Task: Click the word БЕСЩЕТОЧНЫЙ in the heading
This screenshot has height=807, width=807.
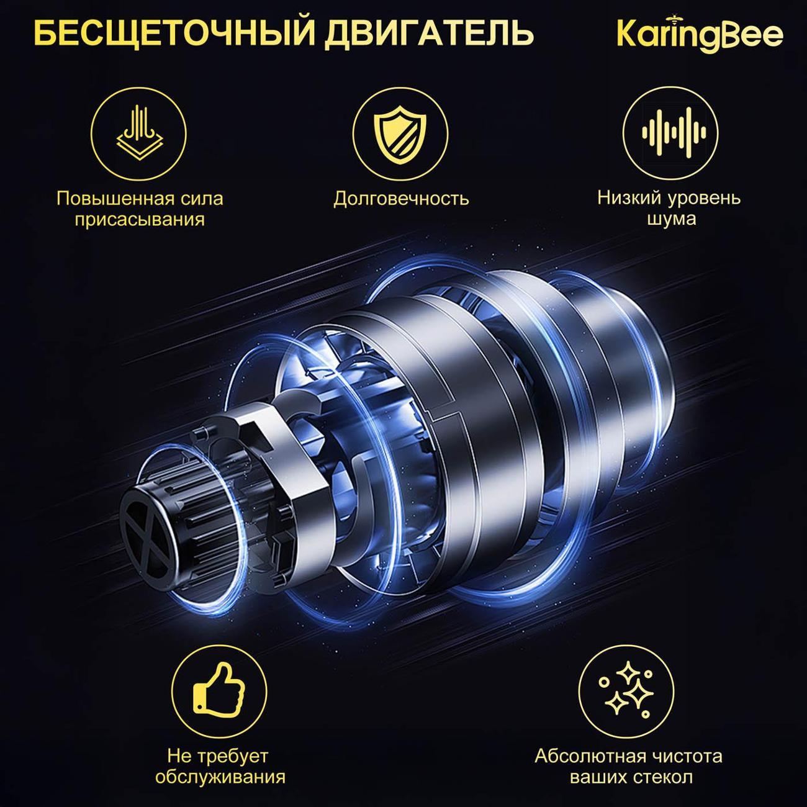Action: coord(174,34)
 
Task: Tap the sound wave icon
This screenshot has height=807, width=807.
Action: coord(674,133)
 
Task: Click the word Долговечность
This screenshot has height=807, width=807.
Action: coord(401,199)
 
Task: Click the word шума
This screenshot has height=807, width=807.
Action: coord(671,219)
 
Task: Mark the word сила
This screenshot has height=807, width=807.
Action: coord(202,199)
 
